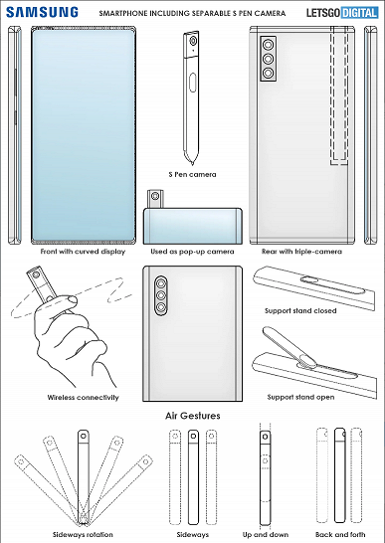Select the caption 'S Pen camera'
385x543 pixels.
click(x=192, y=174)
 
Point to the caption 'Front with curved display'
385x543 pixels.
click(x=82, y=253)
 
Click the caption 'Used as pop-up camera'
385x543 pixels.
click(x=192, y=253)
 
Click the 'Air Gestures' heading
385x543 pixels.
click(x=193, y=416)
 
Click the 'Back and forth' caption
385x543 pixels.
click(x=335, y=533)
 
